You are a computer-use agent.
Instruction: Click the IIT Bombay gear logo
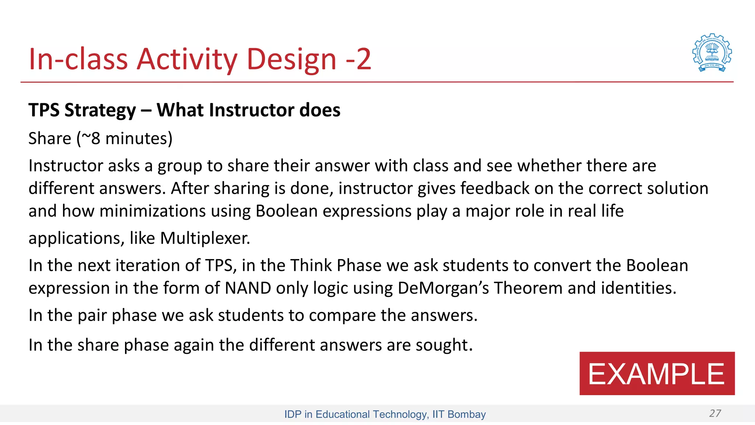coord(712,53)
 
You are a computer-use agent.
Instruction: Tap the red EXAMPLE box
coord(657,373)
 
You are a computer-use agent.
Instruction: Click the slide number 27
coord(715,413)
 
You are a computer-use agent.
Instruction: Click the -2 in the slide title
coord(358,59)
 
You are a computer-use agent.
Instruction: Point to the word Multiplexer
coord(205,238)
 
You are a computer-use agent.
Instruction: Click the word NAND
coord(248,288)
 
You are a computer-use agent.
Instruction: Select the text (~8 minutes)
coord(125,139)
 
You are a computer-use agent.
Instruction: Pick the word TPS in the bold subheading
coord(44,110)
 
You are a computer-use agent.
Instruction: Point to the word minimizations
coord(152,211)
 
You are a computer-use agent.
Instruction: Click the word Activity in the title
coord(187,59)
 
